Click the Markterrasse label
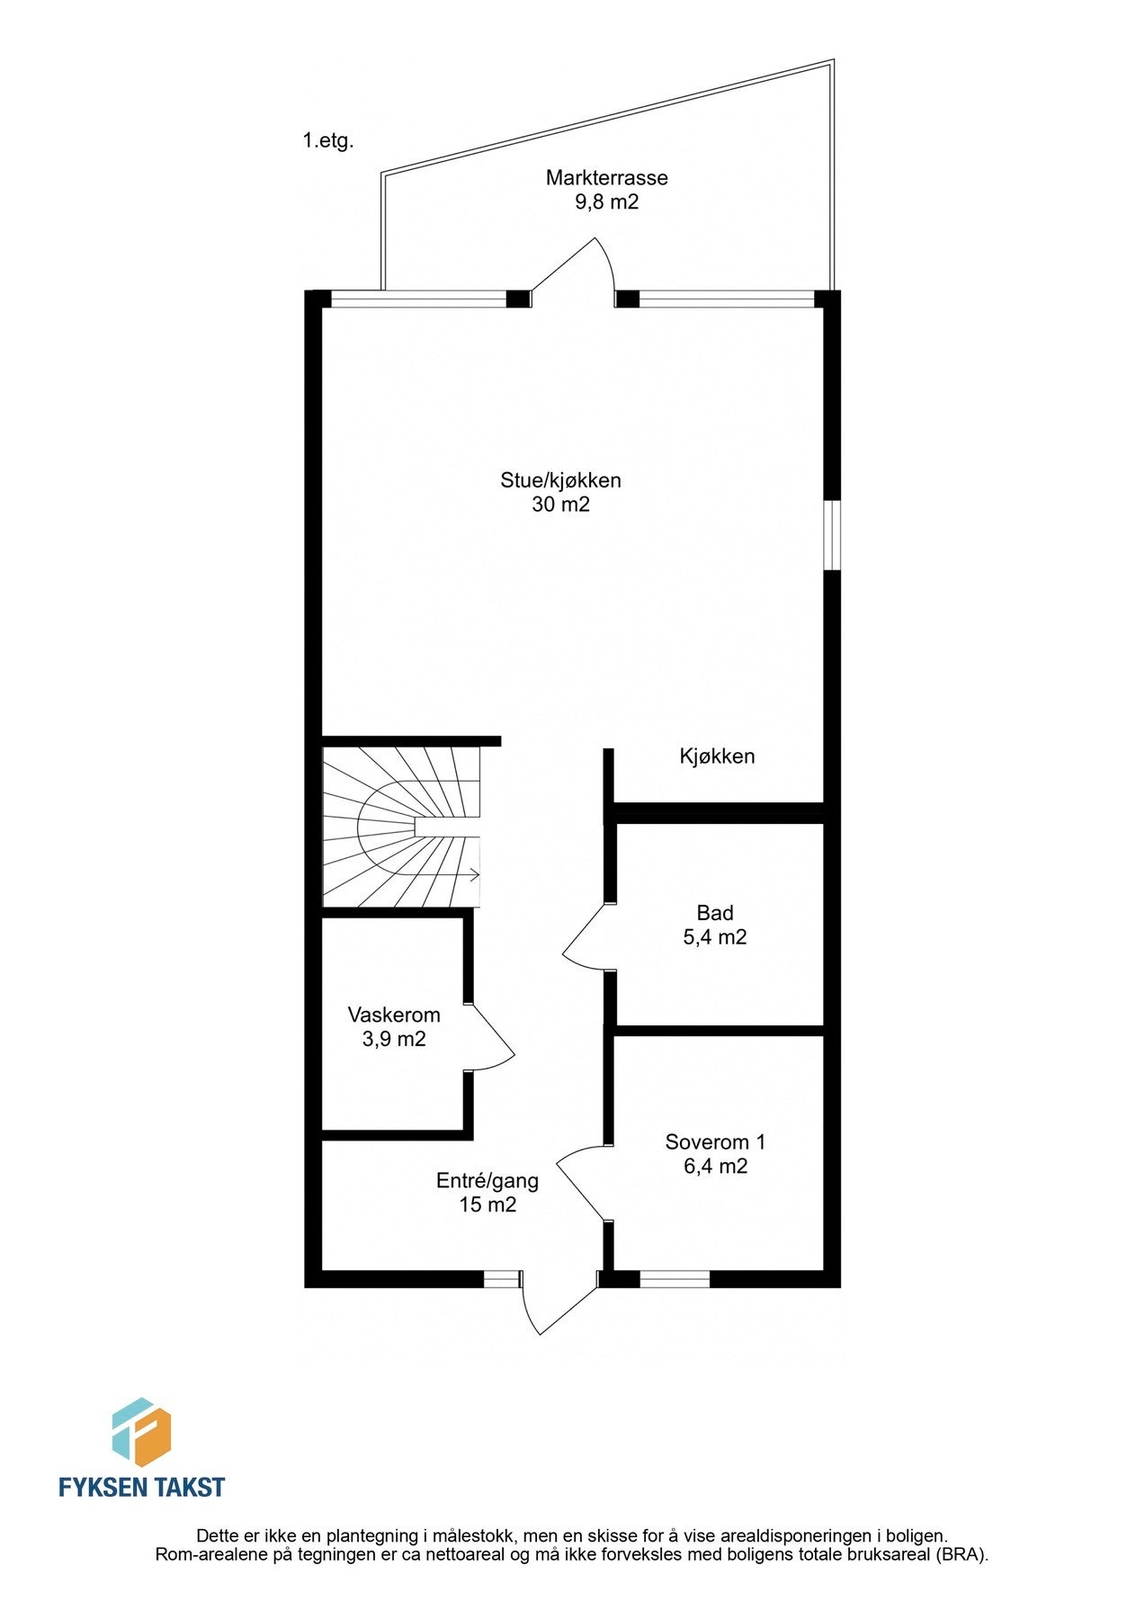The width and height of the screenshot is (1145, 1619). [606, 177]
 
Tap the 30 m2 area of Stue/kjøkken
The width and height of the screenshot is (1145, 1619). [560, 505]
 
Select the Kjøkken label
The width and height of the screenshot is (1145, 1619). [717, 756]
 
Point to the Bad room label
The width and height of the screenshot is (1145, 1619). [714, 913]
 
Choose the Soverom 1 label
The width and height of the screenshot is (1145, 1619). [715, 1142]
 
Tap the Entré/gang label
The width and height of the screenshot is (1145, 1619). [487, 1181]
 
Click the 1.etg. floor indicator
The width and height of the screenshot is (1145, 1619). [328, 141]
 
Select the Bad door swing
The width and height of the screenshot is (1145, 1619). [583, 940]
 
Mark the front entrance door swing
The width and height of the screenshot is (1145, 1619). [558, 1309]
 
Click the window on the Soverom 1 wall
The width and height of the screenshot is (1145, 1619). [675, 1278]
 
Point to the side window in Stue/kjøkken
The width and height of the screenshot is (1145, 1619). [833, 535]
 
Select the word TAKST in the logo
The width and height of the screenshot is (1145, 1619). [190, 1488]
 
